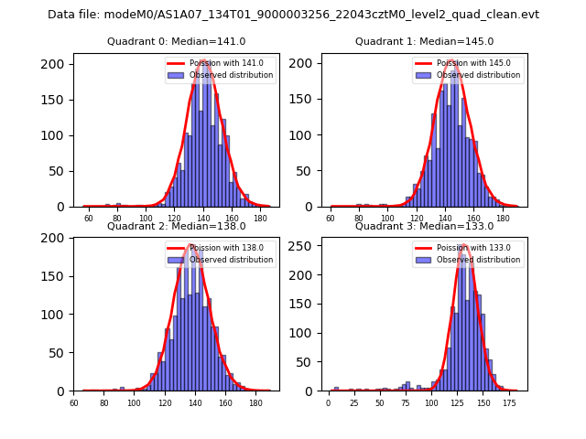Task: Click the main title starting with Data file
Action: tap(293, 15)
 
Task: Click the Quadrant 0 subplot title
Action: tap(177, 41)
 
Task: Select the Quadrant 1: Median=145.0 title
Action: tap(424, 41)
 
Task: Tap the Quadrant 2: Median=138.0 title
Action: tap(177, 226)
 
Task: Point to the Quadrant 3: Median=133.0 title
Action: tap(424, 226)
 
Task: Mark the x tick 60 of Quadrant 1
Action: tap(331, 219)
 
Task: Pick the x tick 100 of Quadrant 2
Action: tap(134, 403)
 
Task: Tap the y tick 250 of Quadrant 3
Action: tap(307, 245)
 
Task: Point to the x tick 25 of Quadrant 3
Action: tap(353, 403)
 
